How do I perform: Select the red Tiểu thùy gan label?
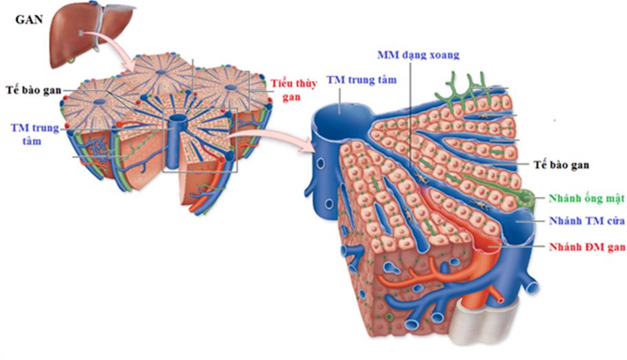pyautogui.click(x=288, y=88)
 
